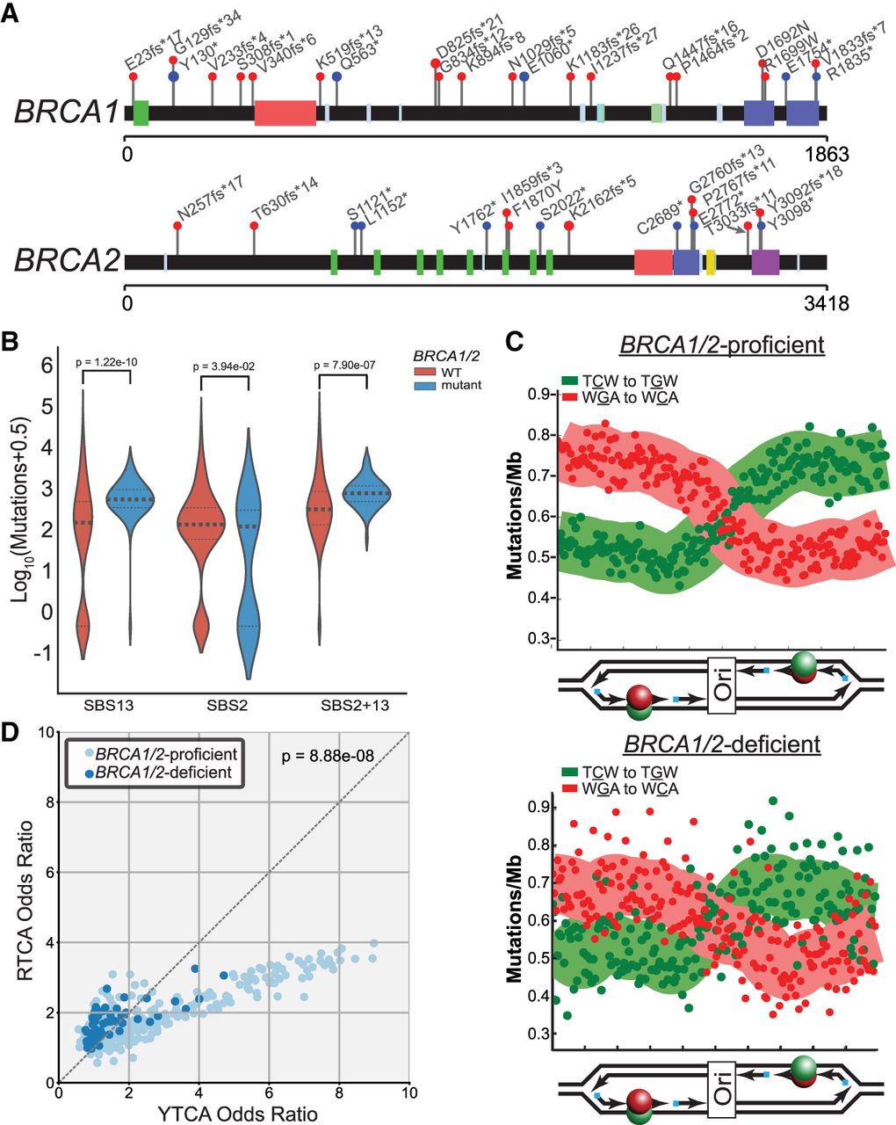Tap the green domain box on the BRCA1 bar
coord(141,113)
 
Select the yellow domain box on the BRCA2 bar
coord(711,261)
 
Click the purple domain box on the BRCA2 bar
coord(765,262)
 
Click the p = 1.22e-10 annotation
coord(105,359)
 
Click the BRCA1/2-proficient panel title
coord(721,344)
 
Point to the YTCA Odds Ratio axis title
coord(233,1113)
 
